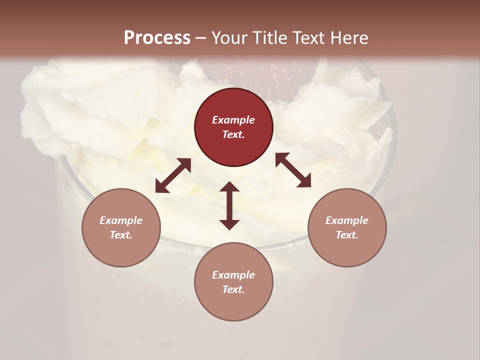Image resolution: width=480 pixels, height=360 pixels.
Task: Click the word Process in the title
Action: coord(157,38)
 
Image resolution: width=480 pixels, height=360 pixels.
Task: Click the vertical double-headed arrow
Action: coord(229,205)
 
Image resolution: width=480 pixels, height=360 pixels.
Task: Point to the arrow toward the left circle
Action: coord(173,175)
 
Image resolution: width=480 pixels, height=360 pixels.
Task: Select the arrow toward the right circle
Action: coord(293,170)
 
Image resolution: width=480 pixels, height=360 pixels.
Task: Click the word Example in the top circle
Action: coord(233,120)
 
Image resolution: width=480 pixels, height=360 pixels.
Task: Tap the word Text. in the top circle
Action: coord(233,134)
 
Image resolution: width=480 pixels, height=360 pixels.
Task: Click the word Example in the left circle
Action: coord(121,220)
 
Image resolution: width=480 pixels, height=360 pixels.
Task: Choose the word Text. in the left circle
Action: coord(121,235)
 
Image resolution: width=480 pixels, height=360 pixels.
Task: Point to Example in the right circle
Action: coord(347,220)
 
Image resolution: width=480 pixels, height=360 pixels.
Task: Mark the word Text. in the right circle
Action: coord(347,235)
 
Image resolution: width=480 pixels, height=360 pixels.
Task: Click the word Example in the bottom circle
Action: coord(233,275)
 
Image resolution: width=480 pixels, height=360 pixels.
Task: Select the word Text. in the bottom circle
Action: coord(233,289)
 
